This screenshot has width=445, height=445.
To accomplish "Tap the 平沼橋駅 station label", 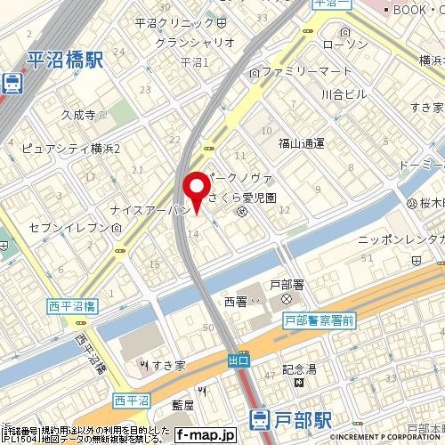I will pyautogui.click(x=65, y=61).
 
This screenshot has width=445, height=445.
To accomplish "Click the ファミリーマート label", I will pyautogui.click(x=295, y=70).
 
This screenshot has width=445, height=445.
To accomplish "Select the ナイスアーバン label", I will pyautogui.click(x=147, y=210).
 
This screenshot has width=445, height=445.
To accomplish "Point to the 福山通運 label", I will pyautogui.click(x=301, y=142).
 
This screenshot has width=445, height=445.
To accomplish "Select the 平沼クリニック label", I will pyautogui.click(x=174, y=21).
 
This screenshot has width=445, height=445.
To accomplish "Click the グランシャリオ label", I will pyautogui.click(x=195, y=42).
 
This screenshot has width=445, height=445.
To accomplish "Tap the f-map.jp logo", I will pyautogui.click(x=205, y=435).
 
